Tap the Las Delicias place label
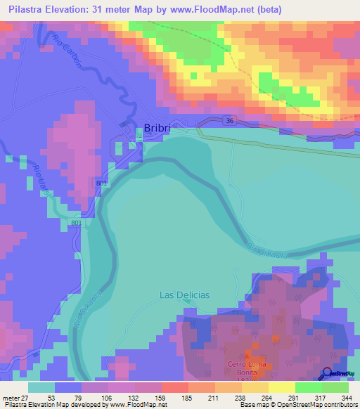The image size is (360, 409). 184,294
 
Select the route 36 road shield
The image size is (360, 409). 230,121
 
